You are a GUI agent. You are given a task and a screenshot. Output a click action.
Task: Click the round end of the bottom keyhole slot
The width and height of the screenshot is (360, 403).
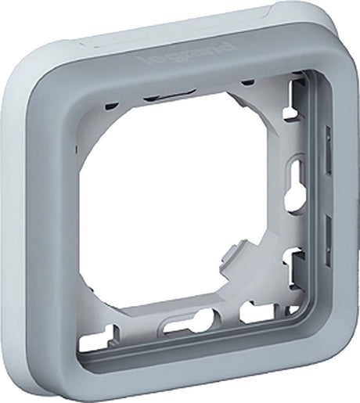coord(204,320)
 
